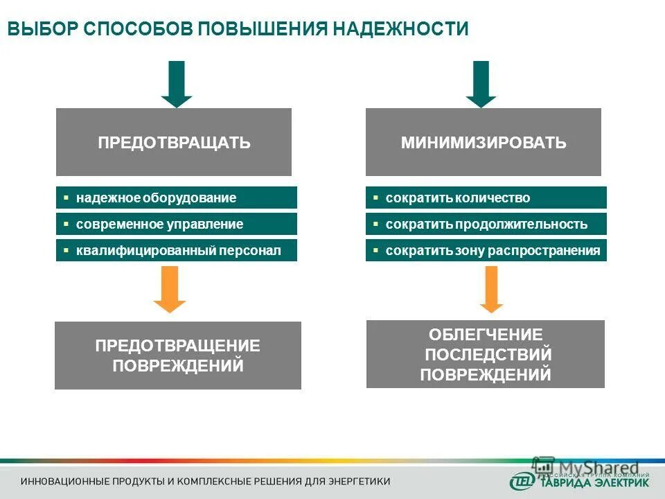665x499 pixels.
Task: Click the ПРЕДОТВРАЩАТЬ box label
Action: [174, 143]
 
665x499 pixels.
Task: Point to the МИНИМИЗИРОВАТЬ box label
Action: [484, 143]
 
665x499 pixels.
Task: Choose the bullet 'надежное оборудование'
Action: [156, 198]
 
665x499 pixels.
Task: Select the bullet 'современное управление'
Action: [159, 225]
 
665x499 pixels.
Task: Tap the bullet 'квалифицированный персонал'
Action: [179, 251]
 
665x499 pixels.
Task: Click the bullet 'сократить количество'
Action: [457, 198]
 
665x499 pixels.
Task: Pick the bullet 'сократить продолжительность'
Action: [486, 225]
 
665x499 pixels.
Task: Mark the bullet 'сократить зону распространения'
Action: [493, 251]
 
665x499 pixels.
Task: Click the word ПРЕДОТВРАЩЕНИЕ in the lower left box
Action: [177, 346]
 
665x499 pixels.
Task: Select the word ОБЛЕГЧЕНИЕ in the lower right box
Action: [486, 335]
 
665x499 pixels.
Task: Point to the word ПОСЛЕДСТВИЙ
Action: [488, 355]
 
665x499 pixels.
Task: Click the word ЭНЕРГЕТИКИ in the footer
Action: [357, 481]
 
